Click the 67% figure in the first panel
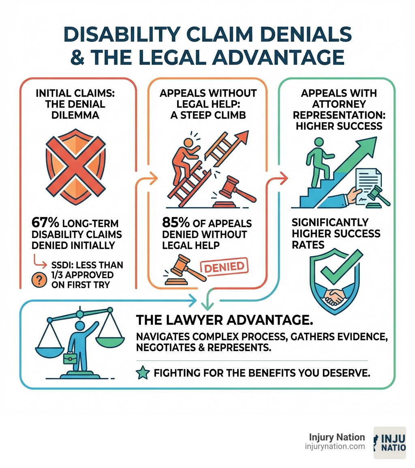(45, 223)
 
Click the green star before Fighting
(143, 374)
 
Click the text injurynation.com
(335, 447)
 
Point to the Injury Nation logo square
(389, 442)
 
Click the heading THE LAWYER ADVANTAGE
(225, 320)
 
